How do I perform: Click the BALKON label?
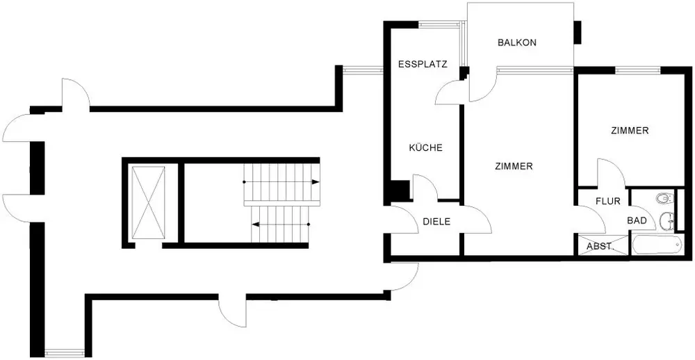pos(517,42)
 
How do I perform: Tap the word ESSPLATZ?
pos(423,64)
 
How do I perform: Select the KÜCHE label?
pos(425,147)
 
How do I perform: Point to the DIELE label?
pos(436,222)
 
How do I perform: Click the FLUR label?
pos(607,202)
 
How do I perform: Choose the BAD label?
pos(637,220)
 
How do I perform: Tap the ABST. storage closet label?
pos(599,247)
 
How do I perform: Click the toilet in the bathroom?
pos(664,198)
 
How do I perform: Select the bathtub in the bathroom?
pos(657,245)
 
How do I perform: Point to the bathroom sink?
pos(667,220)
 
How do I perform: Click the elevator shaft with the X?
pos(149,203)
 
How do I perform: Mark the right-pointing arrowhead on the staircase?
pos(316,182)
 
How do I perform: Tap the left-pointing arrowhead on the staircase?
pos(255,224)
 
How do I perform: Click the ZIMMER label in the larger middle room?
pos(514,167)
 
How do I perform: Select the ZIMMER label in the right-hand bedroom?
pos(630,131)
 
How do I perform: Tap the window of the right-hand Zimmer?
pos(637,70)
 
